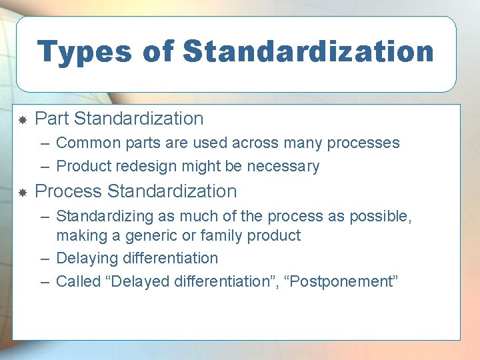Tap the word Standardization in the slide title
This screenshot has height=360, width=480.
pyautogui.click(x=307, y=51)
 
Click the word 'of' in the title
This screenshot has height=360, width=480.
pyautogui.click(x=164, y=51)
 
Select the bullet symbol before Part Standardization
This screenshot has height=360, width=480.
pyautogui.click(x=22, y=120)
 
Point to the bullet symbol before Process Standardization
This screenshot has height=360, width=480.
pyautogui.click(x=22, y=192)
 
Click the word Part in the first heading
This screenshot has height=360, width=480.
pyautogui.click(x=52, y=119)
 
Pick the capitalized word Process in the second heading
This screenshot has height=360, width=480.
pyautogui.click(x=68, y=191)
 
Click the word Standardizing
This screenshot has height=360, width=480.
pyautogui.click(x=101, y=217)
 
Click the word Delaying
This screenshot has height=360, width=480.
pyautogui.click(x=82, y=258)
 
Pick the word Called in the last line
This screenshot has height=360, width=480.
pyautogui.click(x=75, y=281)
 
